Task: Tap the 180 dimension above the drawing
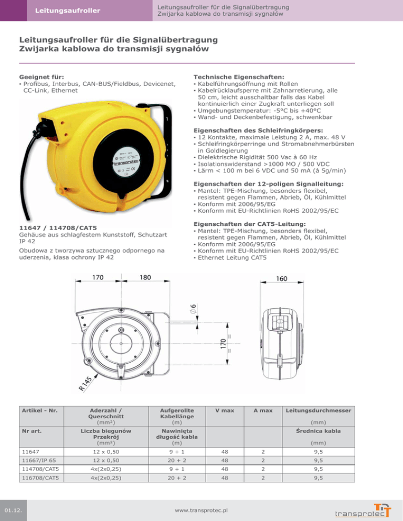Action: pyautogui.click(x=146, y=277)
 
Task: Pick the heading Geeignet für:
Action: pyautogui.click(x=42, y=77)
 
